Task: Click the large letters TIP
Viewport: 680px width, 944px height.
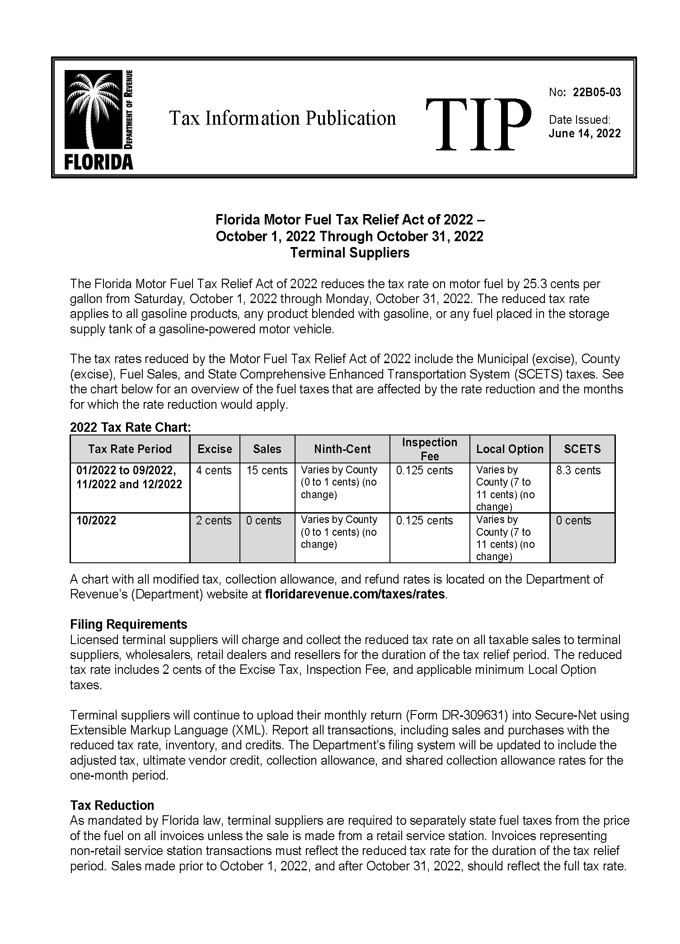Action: [x=478, y=125]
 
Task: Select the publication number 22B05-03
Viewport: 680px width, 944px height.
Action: [x=596, y=93]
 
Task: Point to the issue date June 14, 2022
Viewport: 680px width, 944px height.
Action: [x=585, y=133]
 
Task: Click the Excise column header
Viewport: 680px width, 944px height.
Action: [x=215, y=449]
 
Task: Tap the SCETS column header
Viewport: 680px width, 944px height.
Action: [x=582, y=449]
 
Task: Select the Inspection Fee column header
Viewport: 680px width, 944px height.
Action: [x=429, y=449]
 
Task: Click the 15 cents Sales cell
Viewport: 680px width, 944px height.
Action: [x=267, y=471]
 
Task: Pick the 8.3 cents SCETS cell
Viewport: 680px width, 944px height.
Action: [x=578, y=471]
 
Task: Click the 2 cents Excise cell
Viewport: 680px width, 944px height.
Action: [x=214, y=521]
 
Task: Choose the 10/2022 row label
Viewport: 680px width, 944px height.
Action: [x=96, y=521]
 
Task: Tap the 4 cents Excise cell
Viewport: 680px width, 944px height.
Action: [x=214, y=471]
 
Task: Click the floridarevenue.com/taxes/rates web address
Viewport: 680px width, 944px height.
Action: [x=355, y=594]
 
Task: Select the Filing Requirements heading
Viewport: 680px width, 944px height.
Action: [x=128, y=624]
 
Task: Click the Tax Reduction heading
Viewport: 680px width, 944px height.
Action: [x=112, y=805]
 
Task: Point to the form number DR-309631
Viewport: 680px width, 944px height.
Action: [x=470, y=715]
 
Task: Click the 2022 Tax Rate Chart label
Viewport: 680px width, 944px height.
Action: [x=130, y=427]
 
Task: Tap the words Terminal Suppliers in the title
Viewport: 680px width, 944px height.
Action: [x=350, y=252]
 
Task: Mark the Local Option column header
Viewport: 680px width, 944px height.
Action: [x=510, y=449]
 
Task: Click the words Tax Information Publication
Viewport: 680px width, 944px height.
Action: [x=282, y=118]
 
